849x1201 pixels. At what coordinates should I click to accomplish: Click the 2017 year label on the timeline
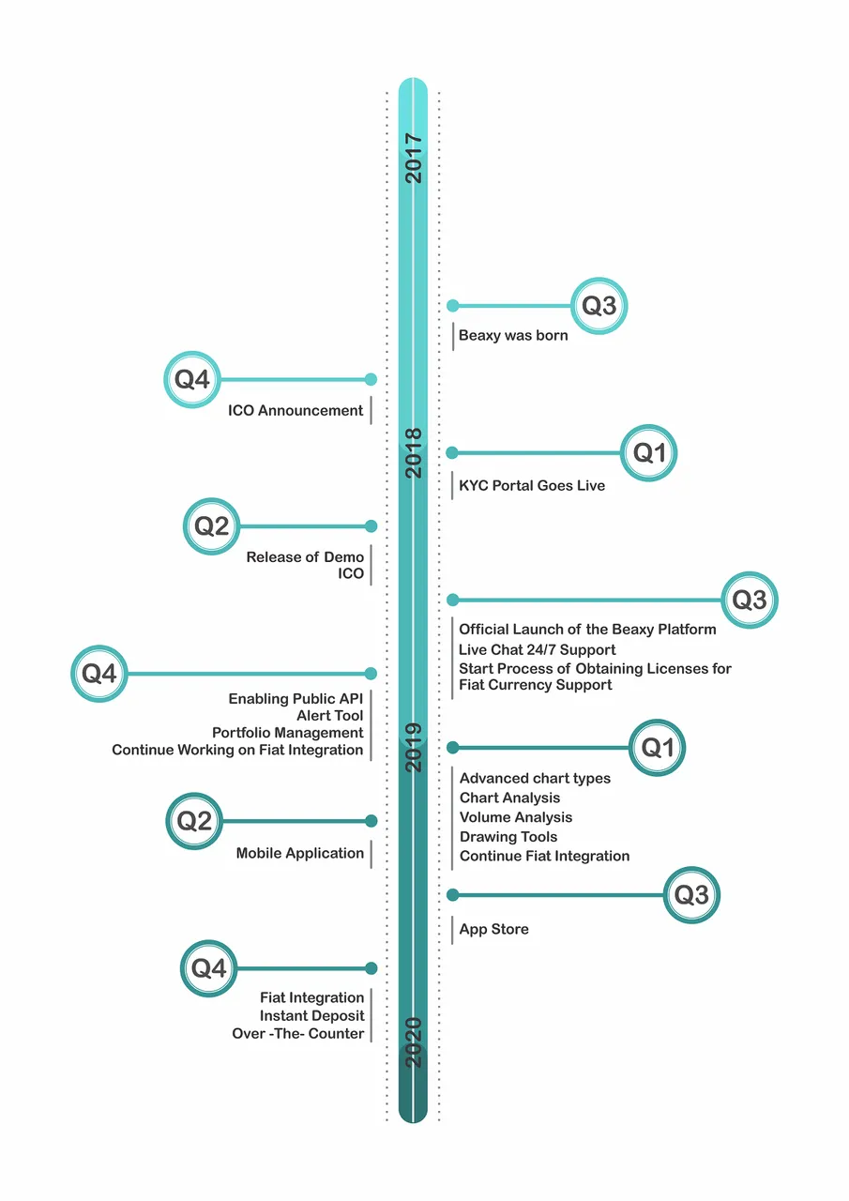(x=414, y=159)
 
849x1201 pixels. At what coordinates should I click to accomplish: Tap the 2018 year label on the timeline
(x=414, y=453)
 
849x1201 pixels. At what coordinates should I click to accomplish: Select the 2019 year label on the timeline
(x=414, y=748)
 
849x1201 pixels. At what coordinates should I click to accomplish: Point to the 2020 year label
(x=414, y=1042)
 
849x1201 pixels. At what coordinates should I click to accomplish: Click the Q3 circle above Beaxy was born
(x=599, y=306)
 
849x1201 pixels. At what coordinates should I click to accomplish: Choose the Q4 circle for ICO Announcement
(x=192, y=380)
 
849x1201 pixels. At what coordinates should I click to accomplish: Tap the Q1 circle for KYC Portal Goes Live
(x=648, y=453)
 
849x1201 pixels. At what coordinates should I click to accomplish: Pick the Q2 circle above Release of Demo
(x=211, y=526)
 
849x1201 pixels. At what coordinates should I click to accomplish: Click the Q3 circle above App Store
(x=691, y=895)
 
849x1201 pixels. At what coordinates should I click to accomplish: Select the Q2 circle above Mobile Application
(x=194, y=821)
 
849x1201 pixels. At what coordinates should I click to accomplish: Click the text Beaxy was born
(x=513, y=336)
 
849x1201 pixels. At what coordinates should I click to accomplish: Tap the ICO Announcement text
(x=296, y=411)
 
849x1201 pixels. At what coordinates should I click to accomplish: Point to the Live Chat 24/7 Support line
(x=537, y=650)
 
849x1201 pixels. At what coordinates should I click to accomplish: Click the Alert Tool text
(x=329, y=716)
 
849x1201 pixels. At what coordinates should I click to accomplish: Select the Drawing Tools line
(x=508, y=837)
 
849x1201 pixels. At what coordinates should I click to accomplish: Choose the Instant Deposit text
(x=312, y=1016)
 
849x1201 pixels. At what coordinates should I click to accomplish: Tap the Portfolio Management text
(x=287, y=733)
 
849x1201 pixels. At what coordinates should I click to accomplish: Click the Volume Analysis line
(x=516, y=817)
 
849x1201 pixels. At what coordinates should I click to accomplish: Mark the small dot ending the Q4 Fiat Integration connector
(x=371, y=968)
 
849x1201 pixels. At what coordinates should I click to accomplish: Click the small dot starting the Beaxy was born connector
(x=453, y=306)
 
